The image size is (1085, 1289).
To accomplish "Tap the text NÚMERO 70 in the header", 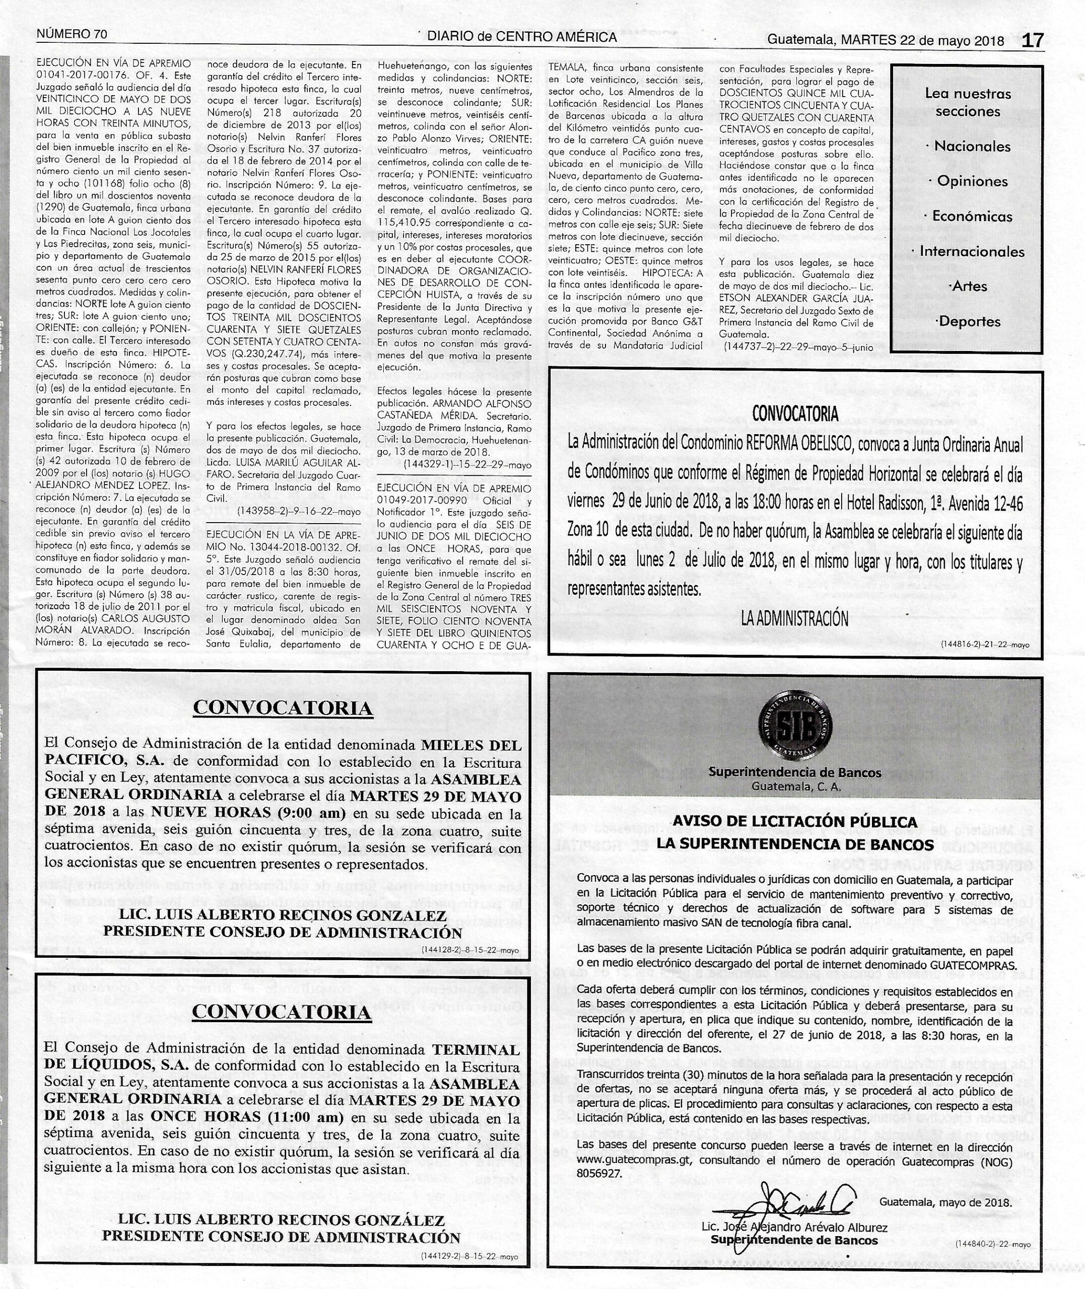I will point(72,34).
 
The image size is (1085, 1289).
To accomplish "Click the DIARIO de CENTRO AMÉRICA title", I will point(522,37).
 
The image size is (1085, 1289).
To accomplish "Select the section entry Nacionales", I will point(972,147).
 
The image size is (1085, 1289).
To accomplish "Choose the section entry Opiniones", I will point(972,181).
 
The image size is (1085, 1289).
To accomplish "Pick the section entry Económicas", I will point(972,217).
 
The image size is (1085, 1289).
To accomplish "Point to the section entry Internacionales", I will point(972,251).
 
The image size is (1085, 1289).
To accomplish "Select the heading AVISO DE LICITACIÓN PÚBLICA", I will point(795,822).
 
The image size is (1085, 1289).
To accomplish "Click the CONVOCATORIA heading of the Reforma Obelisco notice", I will point(795,414).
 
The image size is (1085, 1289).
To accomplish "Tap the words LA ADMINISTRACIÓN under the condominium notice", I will point(795,619).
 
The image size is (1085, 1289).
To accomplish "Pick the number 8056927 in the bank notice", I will point(600,1173).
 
